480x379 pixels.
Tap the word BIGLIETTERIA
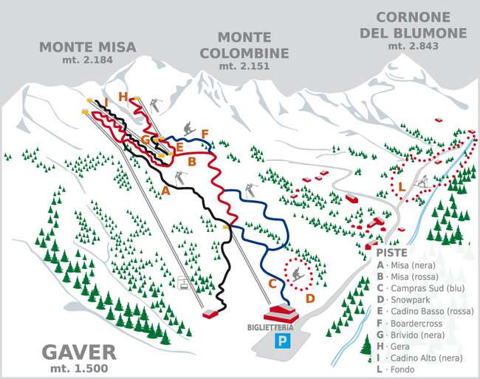pos(276,327)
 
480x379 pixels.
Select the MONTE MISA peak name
pos(88,47)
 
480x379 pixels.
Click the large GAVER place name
pos(79,352)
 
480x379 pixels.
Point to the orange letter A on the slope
pos(165,191)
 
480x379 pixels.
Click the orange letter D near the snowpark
pos(310,298)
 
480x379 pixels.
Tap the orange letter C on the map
pos(272,283)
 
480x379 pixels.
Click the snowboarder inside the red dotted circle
pos(298,276)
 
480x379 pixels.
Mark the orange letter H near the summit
pos(123,95)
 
